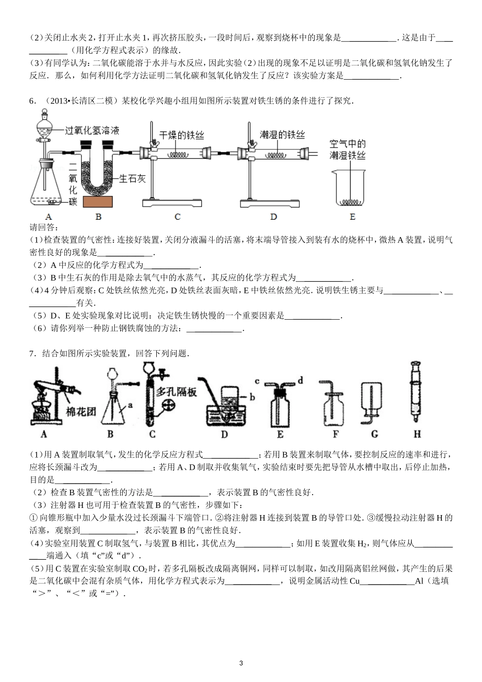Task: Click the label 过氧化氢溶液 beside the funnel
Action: click(92, 130)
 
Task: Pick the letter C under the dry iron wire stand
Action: click(177, 217)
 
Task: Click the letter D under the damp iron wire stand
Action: click(273, 217)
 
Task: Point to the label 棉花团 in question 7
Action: click(81, 412)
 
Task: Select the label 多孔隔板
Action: click(176, 392)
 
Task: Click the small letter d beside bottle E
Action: click(300, 380)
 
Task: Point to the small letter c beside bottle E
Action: click(257, 381)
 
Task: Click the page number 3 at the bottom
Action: click(241, 663)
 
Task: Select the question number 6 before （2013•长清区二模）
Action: click(32, 100)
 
